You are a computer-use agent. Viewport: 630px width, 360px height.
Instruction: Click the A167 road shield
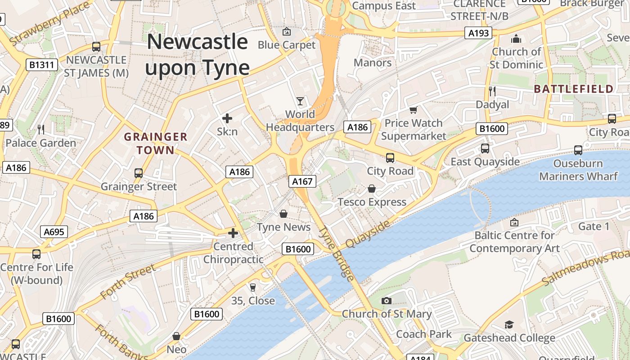click(302, 181)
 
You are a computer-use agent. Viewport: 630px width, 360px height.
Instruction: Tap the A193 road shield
click(478, 32)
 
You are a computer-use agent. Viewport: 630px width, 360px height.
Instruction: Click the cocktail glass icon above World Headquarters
click(300, 101)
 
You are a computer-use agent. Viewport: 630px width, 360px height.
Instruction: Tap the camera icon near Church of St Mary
click(386, 301)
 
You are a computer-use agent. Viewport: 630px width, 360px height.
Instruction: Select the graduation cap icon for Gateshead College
click(509, 325)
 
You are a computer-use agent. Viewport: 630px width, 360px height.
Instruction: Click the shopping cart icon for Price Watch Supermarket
click(414, 110)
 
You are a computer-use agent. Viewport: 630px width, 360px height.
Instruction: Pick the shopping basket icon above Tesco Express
click(372, 189)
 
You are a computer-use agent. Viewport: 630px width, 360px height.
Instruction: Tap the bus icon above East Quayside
click(485, 148)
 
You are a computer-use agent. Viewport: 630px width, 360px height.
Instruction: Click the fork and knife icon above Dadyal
click(492, 91)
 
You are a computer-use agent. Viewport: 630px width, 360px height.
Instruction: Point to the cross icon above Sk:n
click(227, 118)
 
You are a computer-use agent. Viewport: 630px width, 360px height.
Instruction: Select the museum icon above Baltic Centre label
click(514, 222)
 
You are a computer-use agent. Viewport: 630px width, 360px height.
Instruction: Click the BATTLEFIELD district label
click(574, 89)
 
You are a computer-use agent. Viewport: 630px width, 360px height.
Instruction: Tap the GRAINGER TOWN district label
click(156, 143)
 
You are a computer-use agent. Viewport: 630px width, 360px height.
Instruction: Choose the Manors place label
click(373, 63)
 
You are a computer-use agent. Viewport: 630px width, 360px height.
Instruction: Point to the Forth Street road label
click(128, 282)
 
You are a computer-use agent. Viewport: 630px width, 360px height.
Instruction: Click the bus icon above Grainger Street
click(139, 173)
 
